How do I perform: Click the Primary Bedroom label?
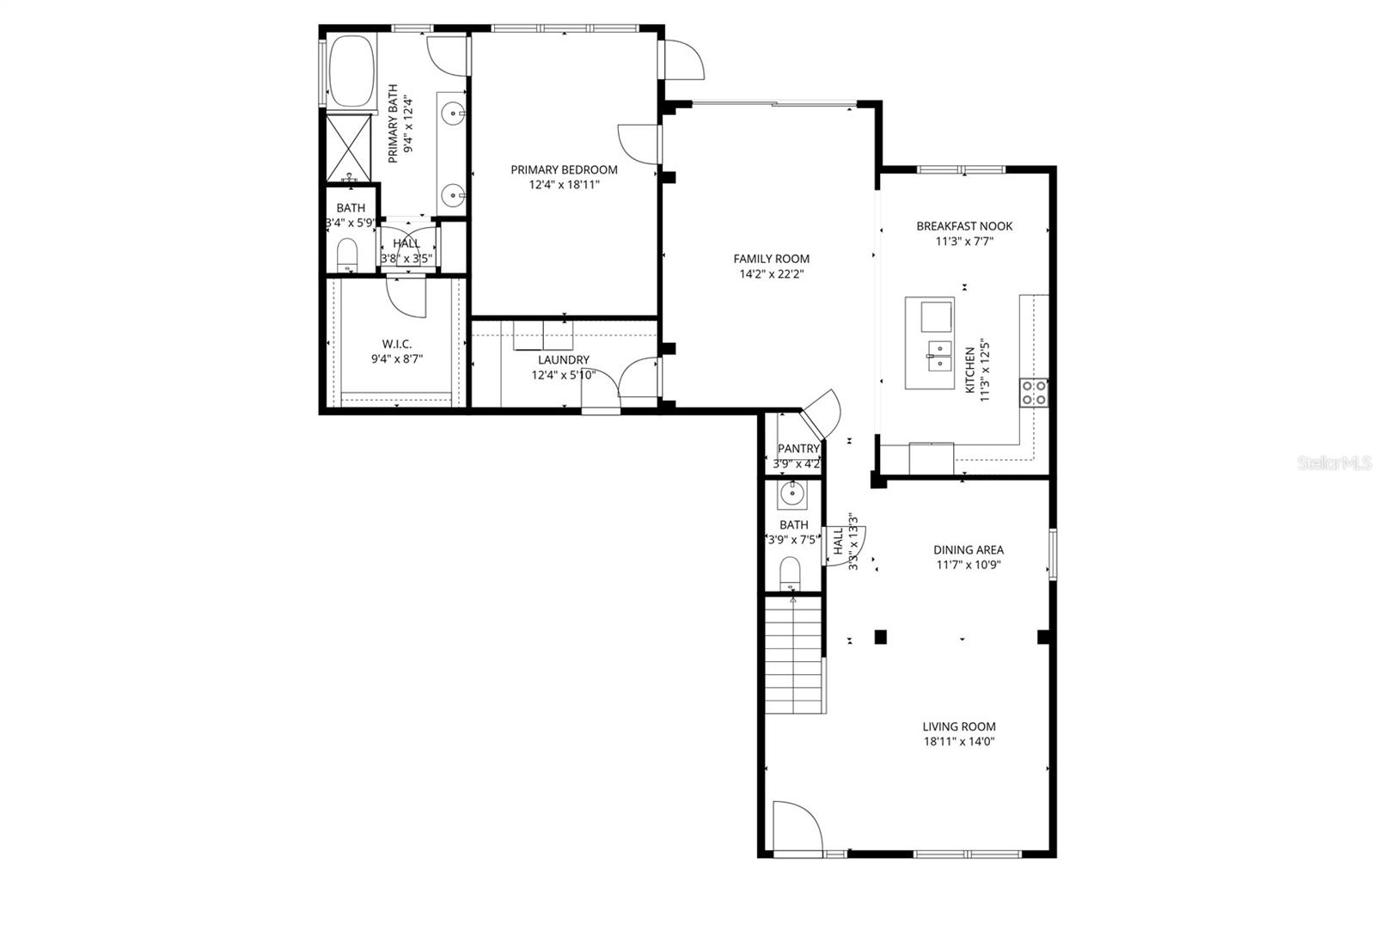point(564,169)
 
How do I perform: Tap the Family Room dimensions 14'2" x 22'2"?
point(771,274)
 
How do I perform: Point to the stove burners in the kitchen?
point(1033,393)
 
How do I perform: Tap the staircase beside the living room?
point(794,653)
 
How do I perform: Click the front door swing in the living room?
point(795,825)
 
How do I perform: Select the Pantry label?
point(798,449)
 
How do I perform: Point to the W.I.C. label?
point(397,344)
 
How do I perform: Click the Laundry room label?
point(564,359)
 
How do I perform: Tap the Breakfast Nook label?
point(964,226)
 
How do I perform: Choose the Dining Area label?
point(969,550)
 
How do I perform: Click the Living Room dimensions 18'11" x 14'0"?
point(959,742)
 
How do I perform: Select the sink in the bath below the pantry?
point(791,494)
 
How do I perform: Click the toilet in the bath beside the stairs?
point(790,573)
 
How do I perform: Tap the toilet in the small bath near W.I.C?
point(346,254)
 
